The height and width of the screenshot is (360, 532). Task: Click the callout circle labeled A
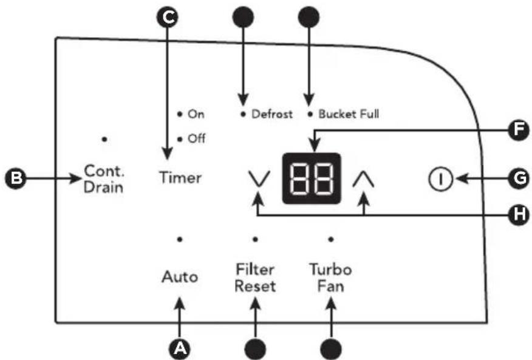pos(180,348)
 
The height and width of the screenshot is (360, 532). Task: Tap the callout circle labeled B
pos(16,178)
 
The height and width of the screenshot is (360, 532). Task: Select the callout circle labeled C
pos(167,17)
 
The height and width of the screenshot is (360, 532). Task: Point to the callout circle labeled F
pos(518,130)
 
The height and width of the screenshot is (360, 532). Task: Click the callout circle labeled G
pos(518,178)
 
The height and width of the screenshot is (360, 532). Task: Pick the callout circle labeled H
pos(518,214)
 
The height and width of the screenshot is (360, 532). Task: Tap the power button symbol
pos(440,178)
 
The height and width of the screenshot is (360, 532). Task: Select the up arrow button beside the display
pos(363,179)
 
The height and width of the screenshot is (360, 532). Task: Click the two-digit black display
pos(312,178)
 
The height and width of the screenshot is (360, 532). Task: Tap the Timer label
pos(180,178)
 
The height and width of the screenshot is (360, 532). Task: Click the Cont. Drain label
pos(104,179)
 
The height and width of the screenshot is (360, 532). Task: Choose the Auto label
pos(180,277)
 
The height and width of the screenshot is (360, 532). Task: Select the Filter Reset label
pos(255,278)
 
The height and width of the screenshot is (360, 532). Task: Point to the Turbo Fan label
pos(331,278)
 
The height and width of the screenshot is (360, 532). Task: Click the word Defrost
pos(271,114)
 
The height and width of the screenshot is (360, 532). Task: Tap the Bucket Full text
pos(349,114)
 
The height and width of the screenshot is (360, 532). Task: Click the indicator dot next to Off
pos(180,139)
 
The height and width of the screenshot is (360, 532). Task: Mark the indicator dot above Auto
pos(180,240)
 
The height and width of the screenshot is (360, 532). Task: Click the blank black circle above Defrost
pos(243,17)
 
